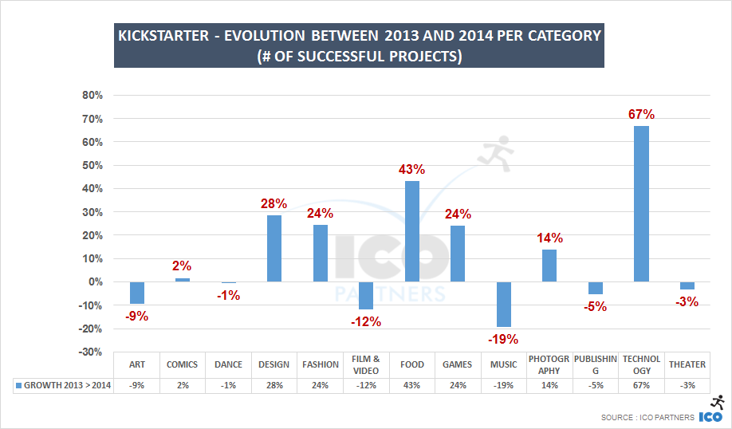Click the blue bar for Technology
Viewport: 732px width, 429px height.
[641, 203]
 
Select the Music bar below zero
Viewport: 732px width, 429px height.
[503, 304]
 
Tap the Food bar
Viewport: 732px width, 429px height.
[412, 231]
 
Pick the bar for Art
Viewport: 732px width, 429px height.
[137, 293]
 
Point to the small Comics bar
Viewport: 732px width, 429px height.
[183, 280]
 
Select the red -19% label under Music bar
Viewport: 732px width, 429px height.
[504, 339]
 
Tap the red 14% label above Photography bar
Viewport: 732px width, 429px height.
[549, 238]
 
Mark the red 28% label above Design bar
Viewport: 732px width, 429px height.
[274, 204]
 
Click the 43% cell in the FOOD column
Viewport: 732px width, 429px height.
[412, 386]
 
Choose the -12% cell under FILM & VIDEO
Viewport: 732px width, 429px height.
[366, 386]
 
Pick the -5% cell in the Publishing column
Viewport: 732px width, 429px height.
[595, 386]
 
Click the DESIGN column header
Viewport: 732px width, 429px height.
[274, 364]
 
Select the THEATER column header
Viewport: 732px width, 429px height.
[687, 364]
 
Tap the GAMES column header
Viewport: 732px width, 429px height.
[458, 364]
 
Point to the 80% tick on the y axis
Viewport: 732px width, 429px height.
[92, 96]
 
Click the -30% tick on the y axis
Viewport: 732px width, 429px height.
[91, 352]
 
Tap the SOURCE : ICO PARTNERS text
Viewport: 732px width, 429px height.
[647, 417]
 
